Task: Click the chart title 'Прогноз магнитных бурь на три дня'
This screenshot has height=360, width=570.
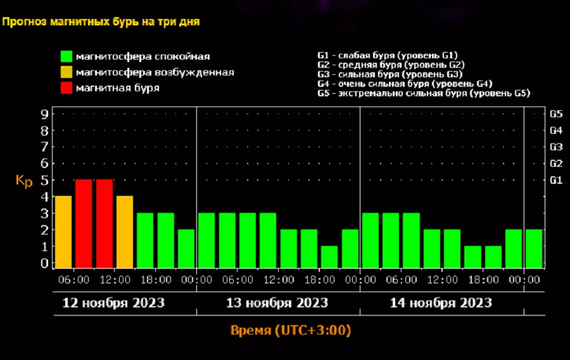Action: [x=101, y=22]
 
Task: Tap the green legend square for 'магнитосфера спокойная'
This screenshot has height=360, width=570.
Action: [x=66, y=56]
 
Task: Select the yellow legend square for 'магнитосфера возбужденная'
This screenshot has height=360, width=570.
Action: [x=66, y=72]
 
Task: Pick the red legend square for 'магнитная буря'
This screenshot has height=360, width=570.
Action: [x=66, y=87]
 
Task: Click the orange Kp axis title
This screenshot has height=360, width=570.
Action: [x=24, y=181]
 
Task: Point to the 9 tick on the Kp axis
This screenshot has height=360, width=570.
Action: [x=44, y=115]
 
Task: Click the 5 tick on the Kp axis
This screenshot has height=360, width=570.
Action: [x=44, y=180]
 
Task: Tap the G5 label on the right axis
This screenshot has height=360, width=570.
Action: [x=556, y=115]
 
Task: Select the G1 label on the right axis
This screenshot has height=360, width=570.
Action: [x=556, y=180]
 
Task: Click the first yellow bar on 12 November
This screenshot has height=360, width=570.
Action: [x=63, y=232]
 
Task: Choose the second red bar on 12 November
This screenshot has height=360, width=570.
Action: [x=104, y=224]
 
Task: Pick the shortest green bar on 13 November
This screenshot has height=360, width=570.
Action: [x=329, y=257]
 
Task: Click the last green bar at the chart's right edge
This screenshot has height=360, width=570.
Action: [x=534, y=248]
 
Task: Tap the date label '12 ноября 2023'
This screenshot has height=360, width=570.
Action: [x=113, y=303]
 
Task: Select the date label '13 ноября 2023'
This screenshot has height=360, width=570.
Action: [x=277, y=303]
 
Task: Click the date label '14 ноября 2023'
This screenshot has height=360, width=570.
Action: [x=441, y=303]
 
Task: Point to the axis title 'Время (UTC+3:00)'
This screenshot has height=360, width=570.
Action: [x=291, y=331]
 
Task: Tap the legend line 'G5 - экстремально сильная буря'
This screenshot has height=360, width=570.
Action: [x=423, y=93]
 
